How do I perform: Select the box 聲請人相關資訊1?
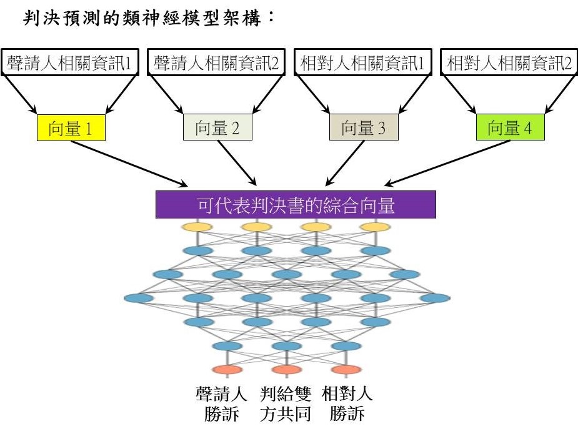tap(71, 63)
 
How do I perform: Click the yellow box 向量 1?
tap(71, 128)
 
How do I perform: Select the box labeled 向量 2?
tap(217, 128)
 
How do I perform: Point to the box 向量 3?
tap(364, 128)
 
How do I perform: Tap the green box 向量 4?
tap(510, 128)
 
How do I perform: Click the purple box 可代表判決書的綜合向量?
tap(296, 205)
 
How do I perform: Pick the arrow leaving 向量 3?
tap(344, 163)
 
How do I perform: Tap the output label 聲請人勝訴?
tap(222, 403)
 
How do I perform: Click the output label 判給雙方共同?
tap(286, 403)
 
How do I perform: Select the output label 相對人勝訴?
tap(348, 403)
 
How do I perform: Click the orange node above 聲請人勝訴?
tap(228, 369)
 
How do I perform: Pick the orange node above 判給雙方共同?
tap(287, 369)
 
